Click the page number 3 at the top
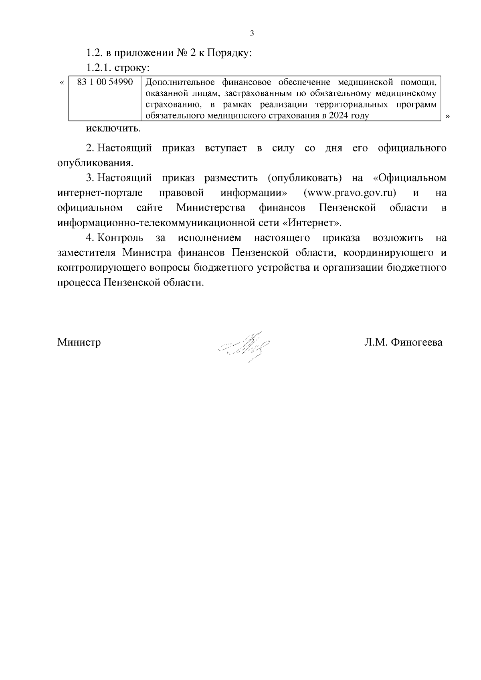coord(252,34)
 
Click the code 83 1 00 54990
coord(105,82)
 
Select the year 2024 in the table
coord(339,116)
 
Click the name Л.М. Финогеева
coord(403,342)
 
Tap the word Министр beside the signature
coord(79,342)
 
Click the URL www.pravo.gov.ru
coord(350,193)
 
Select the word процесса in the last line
coord(79,283)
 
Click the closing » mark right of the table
coord(448,116)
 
